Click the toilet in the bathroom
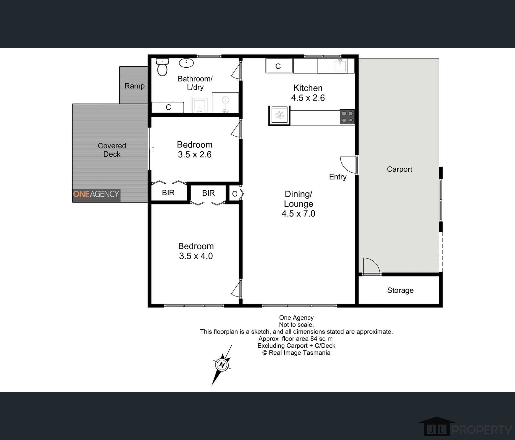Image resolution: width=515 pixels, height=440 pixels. (x=162, y=67)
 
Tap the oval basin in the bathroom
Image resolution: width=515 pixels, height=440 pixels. (x=186, y=63)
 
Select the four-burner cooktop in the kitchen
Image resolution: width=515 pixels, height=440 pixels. (x=347, y=117)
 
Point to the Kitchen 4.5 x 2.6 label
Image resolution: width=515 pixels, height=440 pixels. (x=308, y=93)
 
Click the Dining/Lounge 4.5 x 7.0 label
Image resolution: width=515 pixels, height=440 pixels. (x=298, y=204)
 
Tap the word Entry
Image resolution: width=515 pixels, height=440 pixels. (x=338, y=177)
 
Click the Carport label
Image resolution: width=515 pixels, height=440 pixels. (x=399, y=169)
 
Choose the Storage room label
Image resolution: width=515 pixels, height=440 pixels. (x=400, y=290)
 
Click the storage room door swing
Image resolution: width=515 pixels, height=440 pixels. (x=371, y=266)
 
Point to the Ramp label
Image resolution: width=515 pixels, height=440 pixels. (x=134, y=86)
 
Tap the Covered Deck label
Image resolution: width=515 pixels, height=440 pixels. (x=112, y=150)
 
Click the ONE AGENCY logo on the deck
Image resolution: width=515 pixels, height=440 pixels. (x=96, y=194)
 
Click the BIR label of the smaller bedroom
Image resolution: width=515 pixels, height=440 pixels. (x=168, y=192)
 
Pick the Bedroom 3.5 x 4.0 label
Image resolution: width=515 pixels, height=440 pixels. (x=196, y=251)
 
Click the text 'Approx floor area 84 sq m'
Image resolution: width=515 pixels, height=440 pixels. (x=295, y=339)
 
